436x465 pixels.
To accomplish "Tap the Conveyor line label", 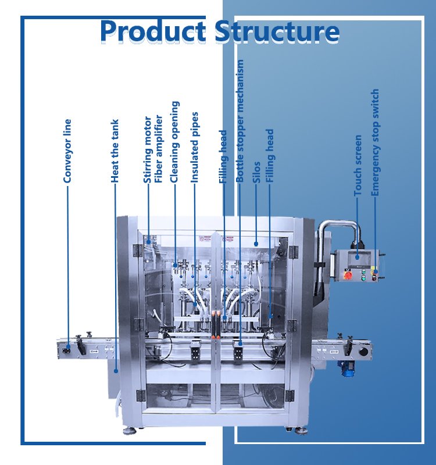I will click(x=68, y=151).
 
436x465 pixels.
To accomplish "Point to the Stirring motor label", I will click(x=148, y=150).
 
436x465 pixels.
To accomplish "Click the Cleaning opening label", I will click(x=174, y=142).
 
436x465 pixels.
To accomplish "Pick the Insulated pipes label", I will click(x=195, y=148).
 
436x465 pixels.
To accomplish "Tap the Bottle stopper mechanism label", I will click(x=240, y=121).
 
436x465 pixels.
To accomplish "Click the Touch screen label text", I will click(x=358, y=165).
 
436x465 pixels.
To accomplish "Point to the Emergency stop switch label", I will click(x=375, y=142).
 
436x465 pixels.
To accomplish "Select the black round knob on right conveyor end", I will click(x=364, y=351).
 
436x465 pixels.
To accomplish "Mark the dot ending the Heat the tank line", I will click(x=116, y=370).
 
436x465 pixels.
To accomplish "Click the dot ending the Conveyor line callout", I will click(x=68, y=347).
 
